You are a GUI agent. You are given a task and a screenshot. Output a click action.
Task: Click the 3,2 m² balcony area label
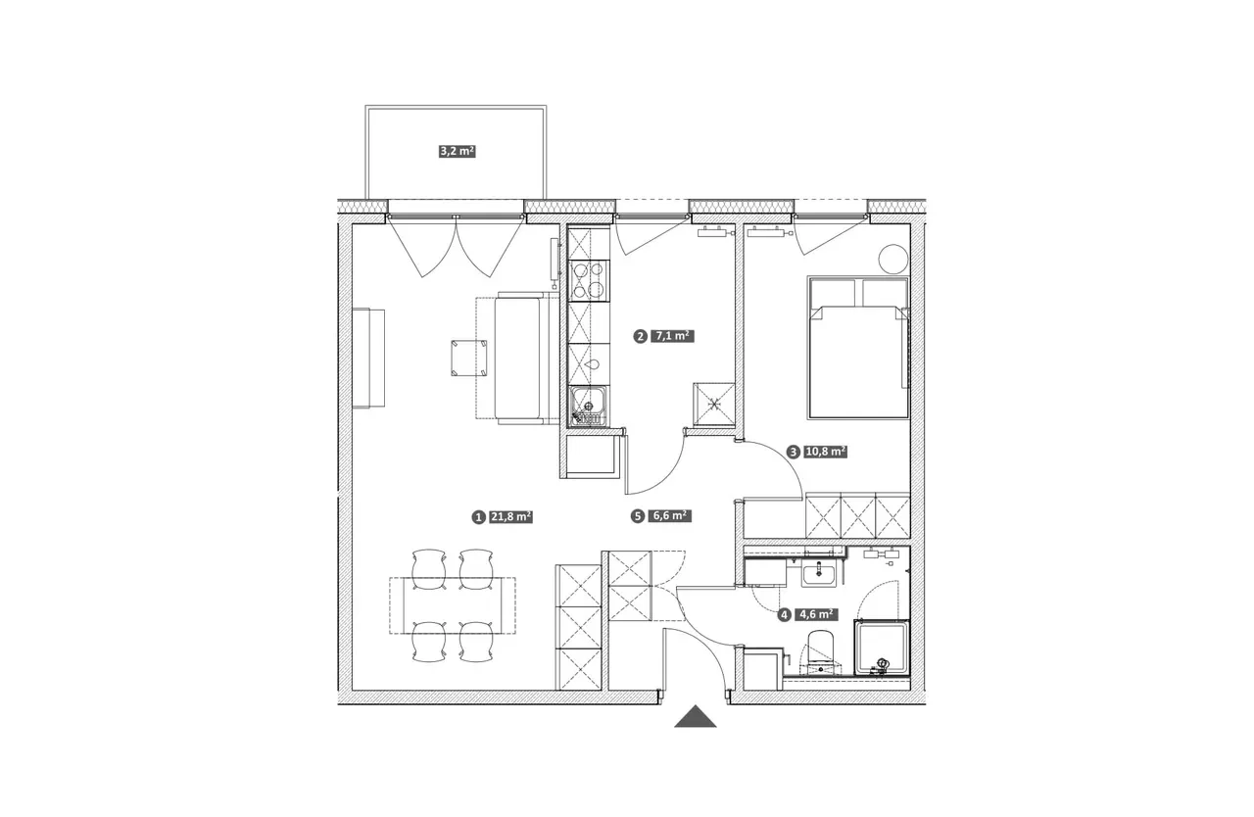458,151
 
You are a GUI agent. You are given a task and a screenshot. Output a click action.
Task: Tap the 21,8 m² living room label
510,516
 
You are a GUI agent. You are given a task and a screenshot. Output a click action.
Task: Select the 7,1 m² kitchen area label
672,336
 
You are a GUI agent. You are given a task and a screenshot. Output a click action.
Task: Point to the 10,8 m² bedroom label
825,452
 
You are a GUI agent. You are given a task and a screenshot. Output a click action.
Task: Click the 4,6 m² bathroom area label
816,614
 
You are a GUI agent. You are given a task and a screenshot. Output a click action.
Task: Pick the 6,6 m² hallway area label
669,515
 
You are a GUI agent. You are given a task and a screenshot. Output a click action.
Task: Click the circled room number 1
478,517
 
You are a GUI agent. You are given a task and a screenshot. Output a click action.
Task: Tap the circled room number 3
793,453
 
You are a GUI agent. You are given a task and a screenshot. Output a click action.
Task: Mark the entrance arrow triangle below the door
696,716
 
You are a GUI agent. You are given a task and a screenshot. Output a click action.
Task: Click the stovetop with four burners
589,280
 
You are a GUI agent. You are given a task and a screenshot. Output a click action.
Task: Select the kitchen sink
589,407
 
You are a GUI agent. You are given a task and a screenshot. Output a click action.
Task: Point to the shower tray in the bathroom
882,647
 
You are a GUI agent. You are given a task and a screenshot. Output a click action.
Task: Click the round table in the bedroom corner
892,259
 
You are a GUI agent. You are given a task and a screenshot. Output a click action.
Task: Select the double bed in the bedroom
858,348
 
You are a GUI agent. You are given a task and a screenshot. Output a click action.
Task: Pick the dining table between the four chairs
453,605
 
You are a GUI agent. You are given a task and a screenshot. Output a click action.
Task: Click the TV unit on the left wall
368,359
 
